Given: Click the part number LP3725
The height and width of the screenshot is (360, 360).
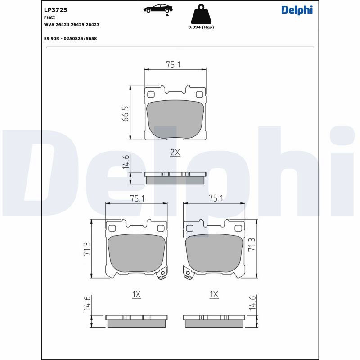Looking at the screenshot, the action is pos(55,10).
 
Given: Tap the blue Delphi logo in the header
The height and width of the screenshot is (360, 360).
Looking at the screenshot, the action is pos(297,10).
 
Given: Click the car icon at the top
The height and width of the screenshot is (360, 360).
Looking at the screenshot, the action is pos(158,9).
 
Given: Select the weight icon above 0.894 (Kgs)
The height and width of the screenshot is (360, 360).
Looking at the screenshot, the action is pos(201,14).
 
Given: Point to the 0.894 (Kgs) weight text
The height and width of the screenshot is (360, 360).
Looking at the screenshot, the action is pos(201,27).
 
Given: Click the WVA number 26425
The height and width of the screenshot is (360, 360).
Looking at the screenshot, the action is pos(77,25).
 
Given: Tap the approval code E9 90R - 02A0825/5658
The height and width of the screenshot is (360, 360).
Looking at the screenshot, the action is pos(71,39).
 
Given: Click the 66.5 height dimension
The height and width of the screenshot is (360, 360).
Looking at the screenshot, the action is pos(126,114).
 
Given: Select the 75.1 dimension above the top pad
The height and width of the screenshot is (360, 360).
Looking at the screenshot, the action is pos(173,65).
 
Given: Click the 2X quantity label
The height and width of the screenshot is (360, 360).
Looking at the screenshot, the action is pos(175,152).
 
